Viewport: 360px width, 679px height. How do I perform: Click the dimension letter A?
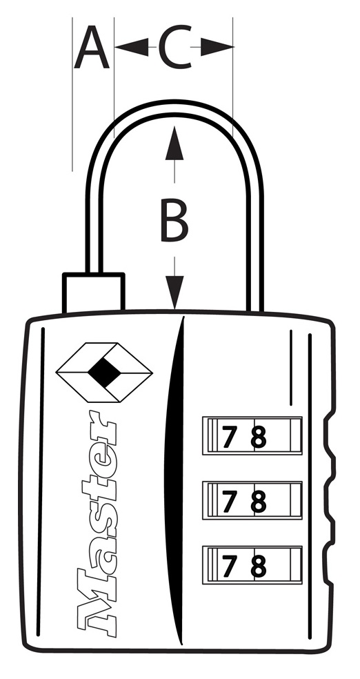(x=91, y=47)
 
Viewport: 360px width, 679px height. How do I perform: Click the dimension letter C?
(x=174, y=47)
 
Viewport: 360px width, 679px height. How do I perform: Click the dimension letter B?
(x=174, y=220)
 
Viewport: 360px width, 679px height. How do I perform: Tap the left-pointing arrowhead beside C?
(x=132, y=47)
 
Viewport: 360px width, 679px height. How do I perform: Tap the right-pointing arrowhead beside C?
(x=217, y=47)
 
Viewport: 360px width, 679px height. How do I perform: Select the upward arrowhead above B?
(x=174, y=143)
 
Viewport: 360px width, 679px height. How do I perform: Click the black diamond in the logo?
(x=104, y=373)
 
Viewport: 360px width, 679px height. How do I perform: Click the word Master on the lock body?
(x=97, y=523)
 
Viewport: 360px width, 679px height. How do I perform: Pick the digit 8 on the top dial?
(x=258, y=437)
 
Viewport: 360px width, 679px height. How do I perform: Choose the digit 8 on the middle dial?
(x=258, y=502)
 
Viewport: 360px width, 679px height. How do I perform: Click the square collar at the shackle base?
(x=94, y=293)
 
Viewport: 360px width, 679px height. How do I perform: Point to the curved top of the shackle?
(x=174, y=108)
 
